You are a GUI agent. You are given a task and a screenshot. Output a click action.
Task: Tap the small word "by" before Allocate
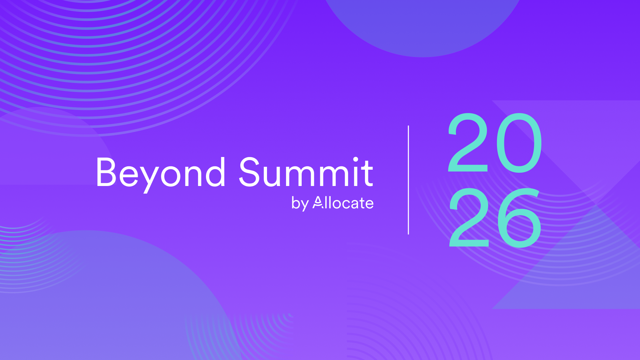pos(300,203)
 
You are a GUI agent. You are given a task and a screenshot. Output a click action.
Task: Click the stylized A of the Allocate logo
pos(318,202)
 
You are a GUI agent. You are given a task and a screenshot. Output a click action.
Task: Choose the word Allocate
pos(343,202)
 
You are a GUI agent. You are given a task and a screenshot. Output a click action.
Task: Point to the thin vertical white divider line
pos(408,180)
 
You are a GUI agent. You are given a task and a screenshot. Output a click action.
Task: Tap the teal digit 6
pos(519,218)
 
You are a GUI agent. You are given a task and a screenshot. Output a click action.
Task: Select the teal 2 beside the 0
pos(468,142)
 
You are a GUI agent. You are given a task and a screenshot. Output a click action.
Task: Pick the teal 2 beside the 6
pos(469,217)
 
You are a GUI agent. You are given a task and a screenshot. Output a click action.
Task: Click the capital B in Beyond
pos(107,172)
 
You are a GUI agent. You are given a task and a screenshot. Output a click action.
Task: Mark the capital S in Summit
pos(249,172)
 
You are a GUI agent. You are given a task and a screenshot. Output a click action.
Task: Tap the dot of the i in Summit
pos(356,159)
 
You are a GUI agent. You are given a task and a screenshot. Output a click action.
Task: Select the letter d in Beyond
pos(214,172)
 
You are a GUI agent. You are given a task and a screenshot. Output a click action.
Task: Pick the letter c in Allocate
pos(347,204)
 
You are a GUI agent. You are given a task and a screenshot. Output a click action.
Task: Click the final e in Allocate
pos(369,204)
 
